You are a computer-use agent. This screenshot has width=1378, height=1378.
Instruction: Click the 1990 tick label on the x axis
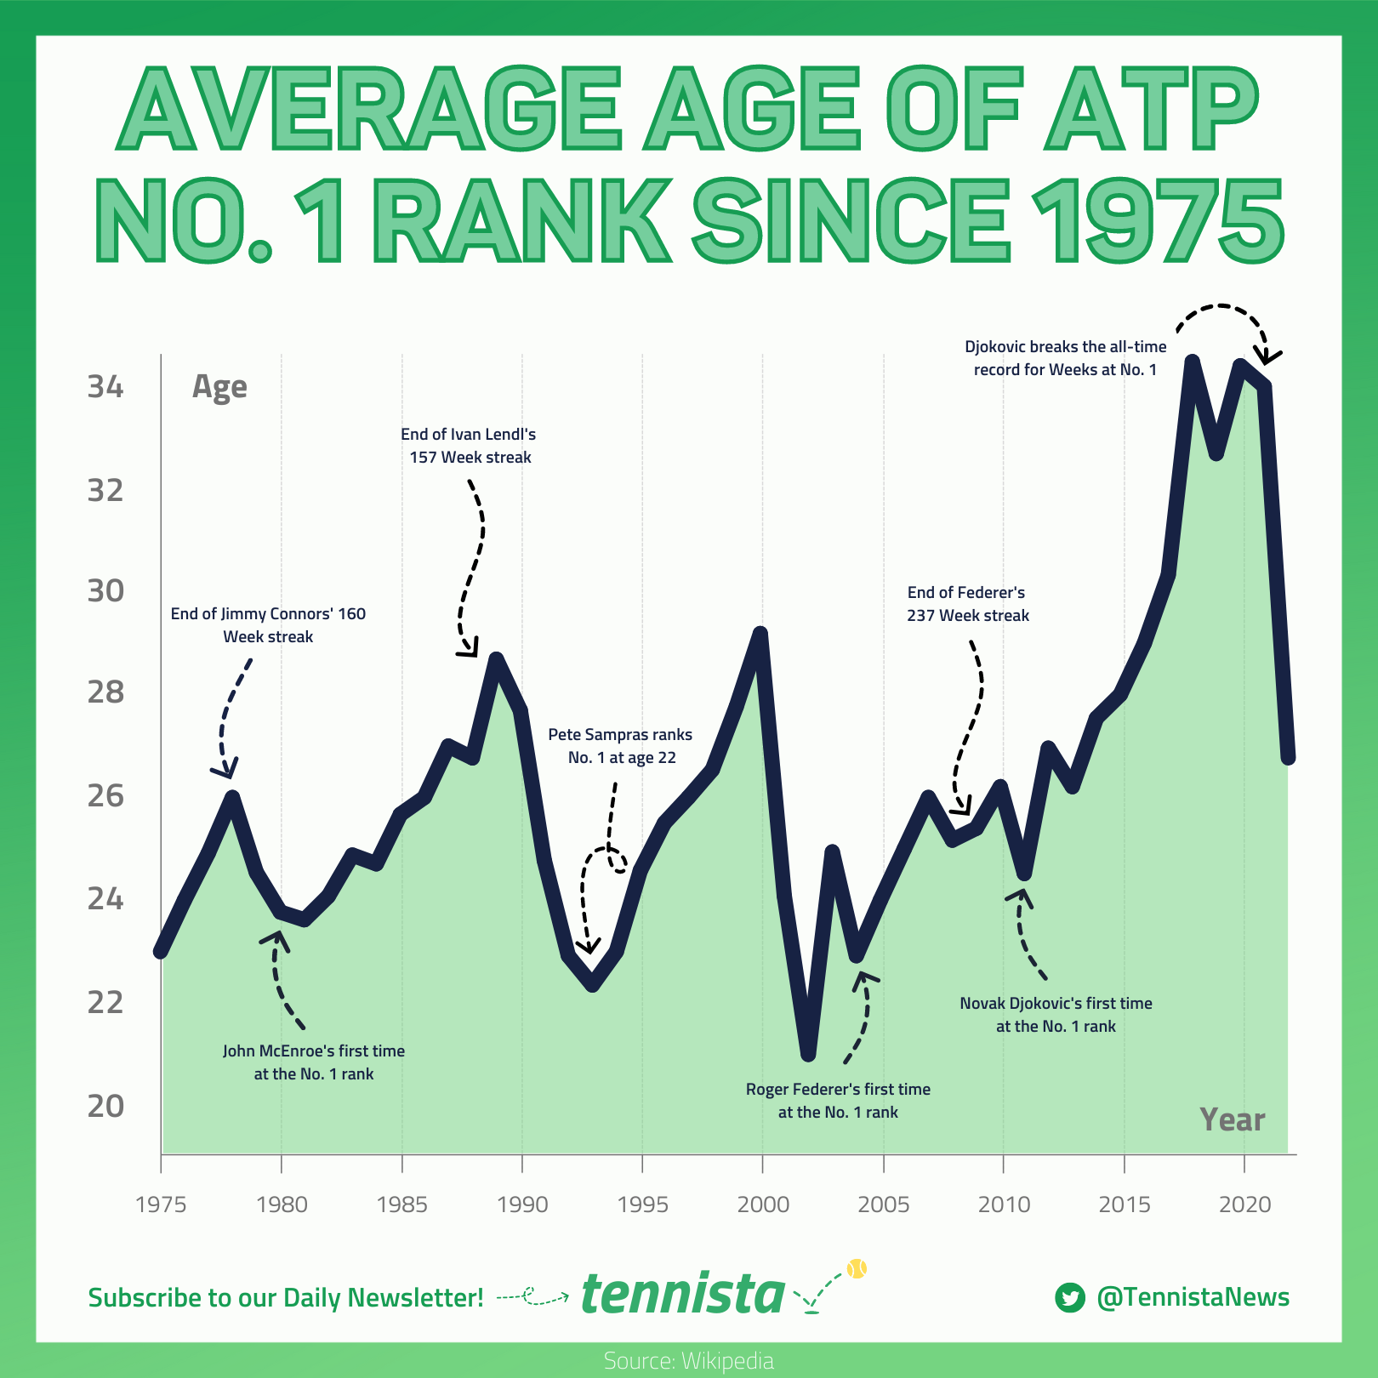pyautogui.click(x=522, y=1204)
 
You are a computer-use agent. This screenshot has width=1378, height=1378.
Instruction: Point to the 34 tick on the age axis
pyautogui.click(x=105, y=387)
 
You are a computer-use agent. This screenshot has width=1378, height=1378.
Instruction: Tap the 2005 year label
pyautogui.click(x=884, y=1204)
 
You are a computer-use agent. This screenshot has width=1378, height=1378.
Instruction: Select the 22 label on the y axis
pyautogui.click(x=105, y=1002)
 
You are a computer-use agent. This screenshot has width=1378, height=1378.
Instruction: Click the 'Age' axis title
pyautogui.click(x=219, y=387)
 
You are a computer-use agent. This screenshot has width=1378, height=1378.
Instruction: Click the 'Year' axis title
pyautogui.click(x=1232, y=1119)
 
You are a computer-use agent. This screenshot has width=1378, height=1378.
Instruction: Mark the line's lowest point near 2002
pyautogui.click(x=808, y=1053)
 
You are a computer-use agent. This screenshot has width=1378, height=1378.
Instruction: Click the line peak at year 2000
pyautogui.click(x=760, y=634)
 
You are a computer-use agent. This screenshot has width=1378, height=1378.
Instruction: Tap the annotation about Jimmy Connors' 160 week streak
pyautogui.click(x=268, y=625)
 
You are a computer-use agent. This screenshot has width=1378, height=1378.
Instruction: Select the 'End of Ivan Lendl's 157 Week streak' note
pyautogui.click(x=469, y=446)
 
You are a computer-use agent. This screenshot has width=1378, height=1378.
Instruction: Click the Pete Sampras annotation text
pyautogui.click(x=620, y=746)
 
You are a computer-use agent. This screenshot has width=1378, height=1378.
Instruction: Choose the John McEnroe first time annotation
pyautogui.click(x=314, y=1062)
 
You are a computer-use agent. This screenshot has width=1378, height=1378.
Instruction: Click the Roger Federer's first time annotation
pyautogui.click(x=838, y=1101)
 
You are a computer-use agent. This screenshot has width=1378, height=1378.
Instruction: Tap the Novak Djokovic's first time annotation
pyautogui.click(x=1056, y=1015)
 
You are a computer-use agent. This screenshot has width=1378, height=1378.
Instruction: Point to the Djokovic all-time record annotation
pyautogui.click(x=1065, y=358)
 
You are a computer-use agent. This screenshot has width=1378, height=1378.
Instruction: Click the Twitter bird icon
pyautogui.click(x=1070, y=1298)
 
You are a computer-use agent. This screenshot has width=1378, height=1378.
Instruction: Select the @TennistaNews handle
pyautogui.click(x=1193, y=1297)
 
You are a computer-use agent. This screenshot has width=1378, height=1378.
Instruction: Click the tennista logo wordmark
pyautogui.click(x=683, y=1295)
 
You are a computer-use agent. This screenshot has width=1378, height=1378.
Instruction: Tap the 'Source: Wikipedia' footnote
pyautogui.click(x=688, y=1361)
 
